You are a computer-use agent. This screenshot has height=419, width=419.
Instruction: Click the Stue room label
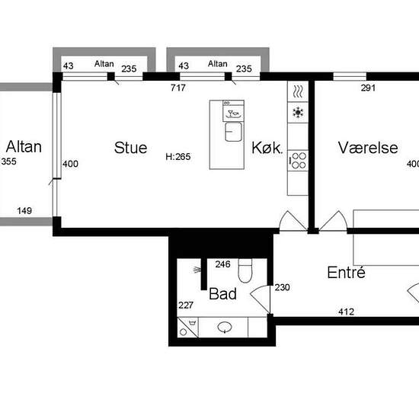point(130,148)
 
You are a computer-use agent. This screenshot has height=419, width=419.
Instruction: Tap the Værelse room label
point(368,148)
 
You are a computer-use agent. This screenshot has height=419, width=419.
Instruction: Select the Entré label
point(346,272)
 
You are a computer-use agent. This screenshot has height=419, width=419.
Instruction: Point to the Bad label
point(222,293)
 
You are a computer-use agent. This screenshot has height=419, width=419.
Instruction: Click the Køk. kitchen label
point(267,148)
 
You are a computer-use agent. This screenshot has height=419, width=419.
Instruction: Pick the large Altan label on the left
point(24,147)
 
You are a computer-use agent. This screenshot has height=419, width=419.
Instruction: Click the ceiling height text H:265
point(178,157)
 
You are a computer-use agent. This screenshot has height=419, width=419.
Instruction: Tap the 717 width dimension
point(178,88)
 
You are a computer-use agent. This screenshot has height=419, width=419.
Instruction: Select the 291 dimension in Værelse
point(368,88)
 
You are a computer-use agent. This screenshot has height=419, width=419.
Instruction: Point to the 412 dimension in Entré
point(346,312)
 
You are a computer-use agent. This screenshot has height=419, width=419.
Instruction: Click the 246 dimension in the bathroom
point(222,264)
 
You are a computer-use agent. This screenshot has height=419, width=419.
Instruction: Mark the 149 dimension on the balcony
point(24,210)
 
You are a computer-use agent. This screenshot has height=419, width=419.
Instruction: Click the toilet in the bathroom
point(245,270)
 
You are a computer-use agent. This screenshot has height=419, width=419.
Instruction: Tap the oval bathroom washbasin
point(225,327)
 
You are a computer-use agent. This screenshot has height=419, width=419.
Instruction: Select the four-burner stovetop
point(299,160)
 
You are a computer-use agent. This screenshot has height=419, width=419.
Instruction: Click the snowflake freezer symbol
point(298,113)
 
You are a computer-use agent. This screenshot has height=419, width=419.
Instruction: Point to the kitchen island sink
point(233,132)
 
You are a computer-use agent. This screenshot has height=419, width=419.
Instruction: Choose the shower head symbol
point(197,270)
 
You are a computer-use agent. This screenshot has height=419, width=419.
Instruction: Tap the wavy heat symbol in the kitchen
point(298,91)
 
